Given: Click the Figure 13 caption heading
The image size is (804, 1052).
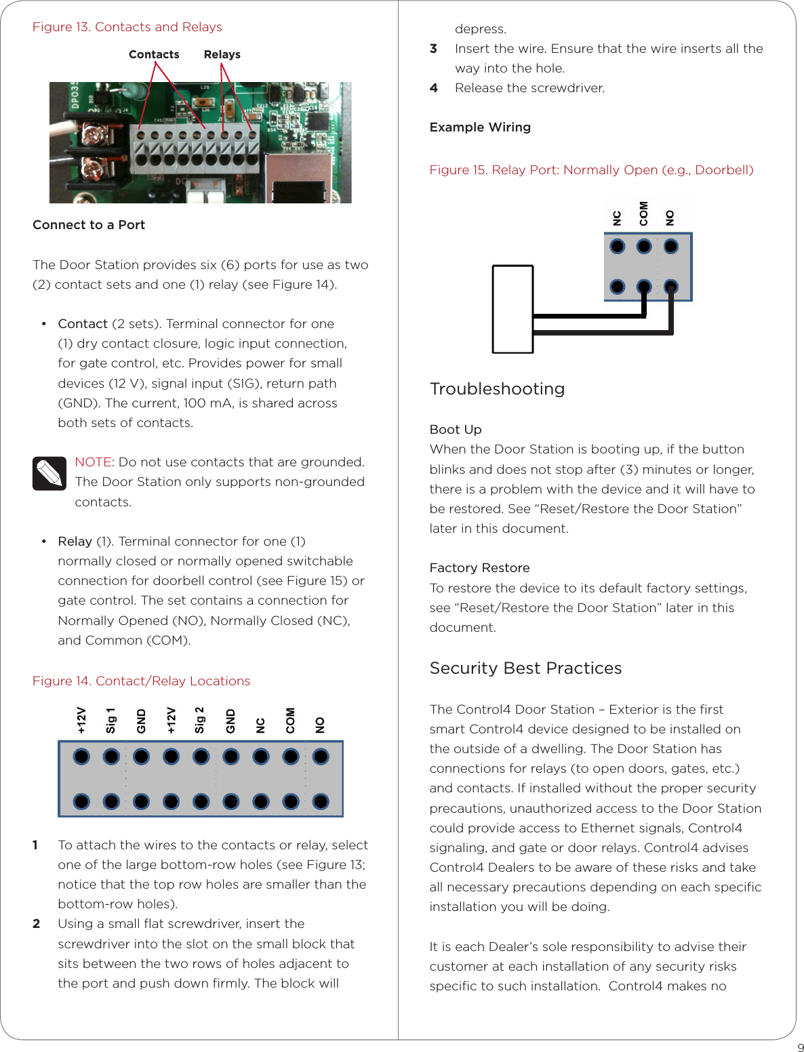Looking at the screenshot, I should click(127, 27).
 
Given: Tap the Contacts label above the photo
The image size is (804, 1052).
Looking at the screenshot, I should click(154, 54).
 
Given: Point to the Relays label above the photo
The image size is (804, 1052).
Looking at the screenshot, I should click(222, 54).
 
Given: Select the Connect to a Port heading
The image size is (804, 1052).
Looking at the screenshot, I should click(89, 225).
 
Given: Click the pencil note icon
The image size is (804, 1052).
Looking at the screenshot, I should click(49, 473).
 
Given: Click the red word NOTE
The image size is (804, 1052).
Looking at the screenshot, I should click(93, 462).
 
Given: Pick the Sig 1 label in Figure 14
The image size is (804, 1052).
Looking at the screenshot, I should click(110, 721).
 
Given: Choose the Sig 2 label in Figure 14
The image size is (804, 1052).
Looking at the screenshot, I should click(200, 720).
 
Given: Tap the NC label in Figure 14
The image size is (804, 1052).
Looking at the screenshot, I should click(260, 725).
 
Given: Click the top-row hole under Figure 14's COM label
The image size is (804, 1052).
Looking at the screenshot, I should click(291, 756).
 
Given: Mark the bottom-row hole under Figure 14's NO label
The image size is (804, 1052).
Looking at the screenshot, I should click(321, 802).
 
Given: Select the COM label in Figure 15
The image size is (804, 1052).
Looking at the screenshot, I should click(643, 214).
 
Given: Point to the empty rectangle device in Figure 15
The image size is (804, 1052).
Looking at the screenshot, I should click(512, 309).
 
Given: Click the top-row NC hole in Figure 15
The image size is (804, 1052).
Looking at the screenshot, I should click(617, 246).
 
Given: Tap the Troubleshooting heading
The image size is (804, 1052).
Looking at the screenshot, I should click(497, 389).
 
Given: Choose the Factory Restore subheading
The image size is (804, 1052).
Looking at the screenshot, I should click(479, 568).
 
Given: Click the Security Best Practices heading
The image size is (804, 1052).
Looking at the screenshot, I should click(525, 668).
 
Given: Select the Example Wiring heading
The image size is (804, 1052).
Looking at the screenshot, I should click(480, 127).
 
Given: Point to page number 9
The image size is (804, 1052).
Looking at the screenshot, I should click(801, 1047).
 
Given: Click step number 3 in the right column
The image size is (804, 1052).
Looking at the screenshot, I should click(433, 49).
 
